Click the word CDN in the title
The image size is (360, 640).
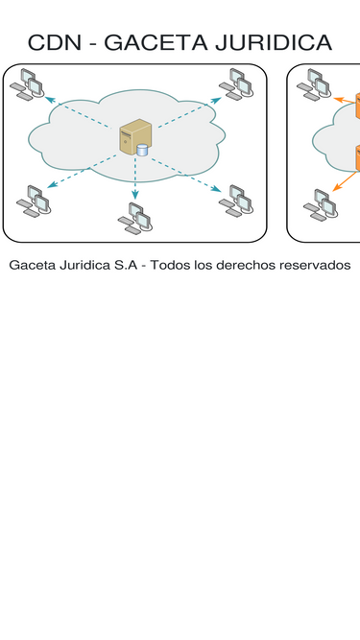coord(55,42)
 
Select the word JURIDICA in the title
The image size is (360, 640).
coord(274,42)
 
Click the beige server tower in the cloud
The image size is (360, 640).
coord(135,137)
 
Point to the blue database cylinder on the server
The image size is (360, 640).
coord(142,151)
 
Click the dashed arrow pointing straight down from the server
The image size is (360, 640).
coord(135,178)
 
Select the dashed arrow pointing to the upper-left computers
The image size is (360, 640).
coord(78,112)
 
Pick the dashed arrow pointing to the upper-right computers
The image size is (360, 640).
coord(190,112)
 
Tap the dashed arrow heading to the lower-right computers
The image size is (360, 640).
coord(186,175)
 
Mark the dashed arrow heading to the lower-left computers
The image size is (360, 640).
coord(82,172)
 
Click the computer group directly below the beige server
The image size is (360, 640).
coord(135,218)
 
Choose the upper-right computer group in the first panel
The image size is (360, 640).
coord(236,84)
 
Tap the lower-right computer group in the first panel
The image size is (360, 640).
coord(236,201)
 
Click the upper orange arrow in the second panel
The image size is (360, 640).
coord(345,100)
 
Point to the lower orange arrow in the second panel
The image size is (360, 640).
coord(345,181)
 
